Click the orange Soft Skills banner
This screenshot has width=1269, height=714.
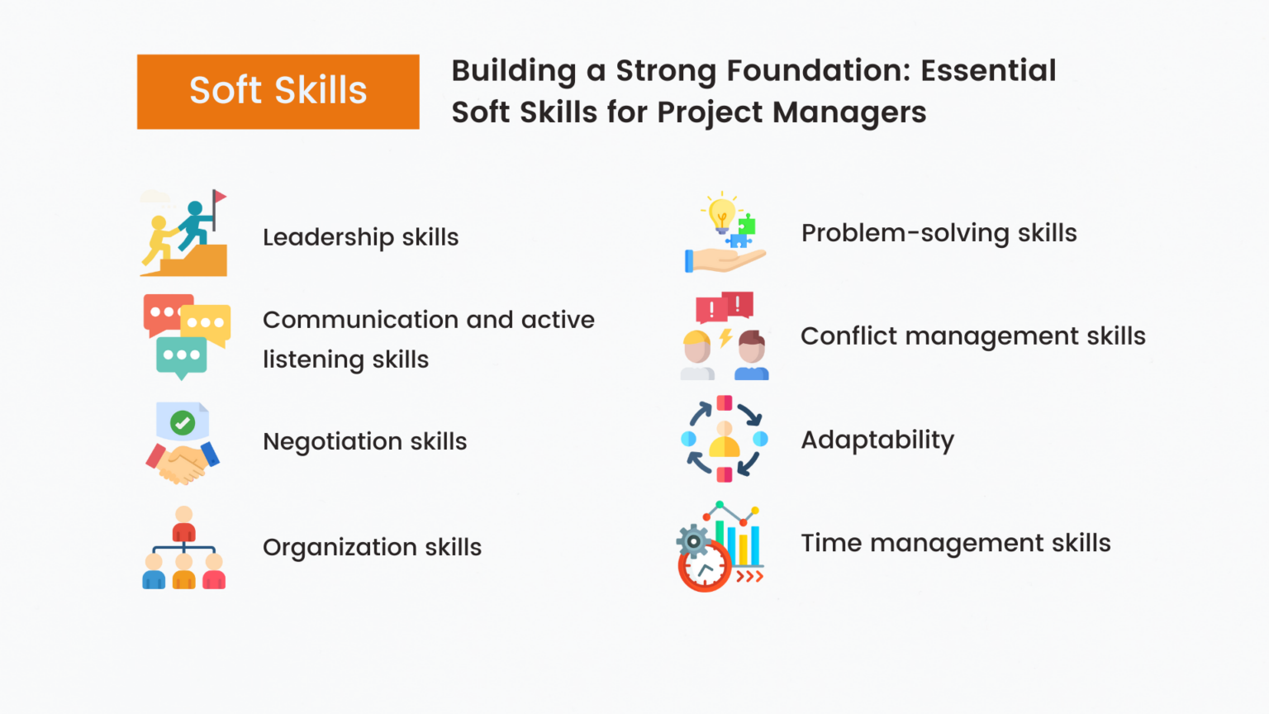278,91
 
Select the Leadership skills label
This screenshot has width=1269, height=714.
360,237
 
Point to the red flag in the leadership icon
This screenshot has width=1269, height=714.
219,197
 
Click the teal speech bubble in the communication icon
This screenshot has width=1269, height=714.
181,356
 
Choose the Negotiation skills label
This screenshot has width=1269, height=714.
364,441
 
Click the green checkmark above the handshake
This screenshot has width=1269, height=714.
183,422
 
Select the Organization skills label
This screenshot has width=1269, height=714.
372,547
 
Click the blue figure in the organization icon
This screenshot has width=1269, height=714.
154,572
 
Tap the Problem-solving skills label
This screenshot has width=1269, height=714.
939,233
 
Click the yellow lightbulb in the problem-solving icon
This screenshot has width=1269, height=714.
721,212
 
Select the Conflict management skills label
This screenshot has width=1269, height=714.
972,336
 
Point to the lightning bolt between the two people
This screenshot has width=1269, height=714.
725,337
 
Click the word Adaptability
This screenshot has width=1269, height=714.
877,440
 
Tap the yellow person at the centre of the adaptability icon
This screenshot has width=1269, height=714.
725,440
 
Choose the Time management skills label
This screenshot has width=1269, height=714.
955,543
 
